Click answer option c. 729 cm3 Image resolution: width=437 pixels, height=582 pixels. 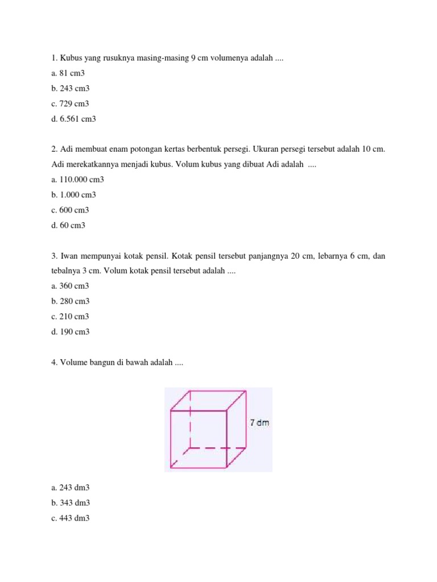click(70, 104)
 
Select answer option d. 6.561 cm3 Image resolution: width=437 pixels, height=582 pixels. click(73, 119)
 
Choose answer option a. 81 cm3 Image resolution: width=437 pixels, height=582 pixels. click(68, 73)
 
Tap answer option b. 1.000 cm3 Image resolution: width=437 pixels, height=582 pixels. click(73, 195)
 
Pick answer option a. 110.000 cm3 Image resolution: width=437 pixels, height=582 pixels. click(77, 180)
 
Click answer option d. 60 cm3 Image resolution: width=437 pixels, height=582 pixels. click(68, 226)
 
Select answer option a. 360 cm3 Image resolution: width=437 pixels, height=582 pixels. click(70, 286)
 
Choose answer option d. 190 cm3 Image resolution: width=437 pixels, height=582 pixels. click(70, 332)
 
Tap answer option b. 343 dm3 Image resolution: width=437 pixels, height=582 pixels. click(71, 503)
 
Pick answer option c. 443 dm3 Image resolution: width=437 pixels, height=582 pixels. click(71, 518)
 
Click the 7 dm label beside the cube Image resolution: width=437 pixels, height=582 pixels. click(259, 423)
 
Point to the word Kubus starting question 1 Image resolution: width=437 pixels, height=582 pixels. click(69, 58)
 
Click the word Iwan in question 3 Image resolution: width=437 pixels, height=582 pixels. click(69, 256)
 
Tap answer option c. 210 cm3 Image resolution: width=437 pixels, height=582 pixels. click(70, 317)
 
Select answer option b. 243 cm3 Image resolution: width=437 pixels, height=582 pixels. click(70, 89)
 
